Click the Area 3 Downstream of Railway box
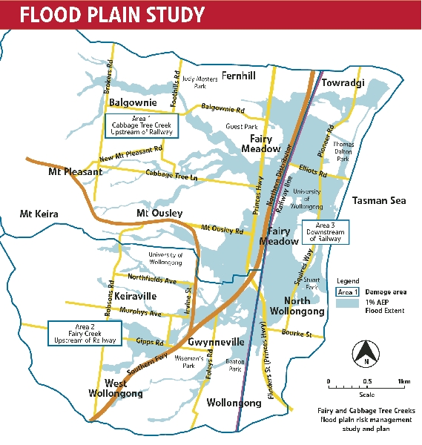[327, 231]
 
